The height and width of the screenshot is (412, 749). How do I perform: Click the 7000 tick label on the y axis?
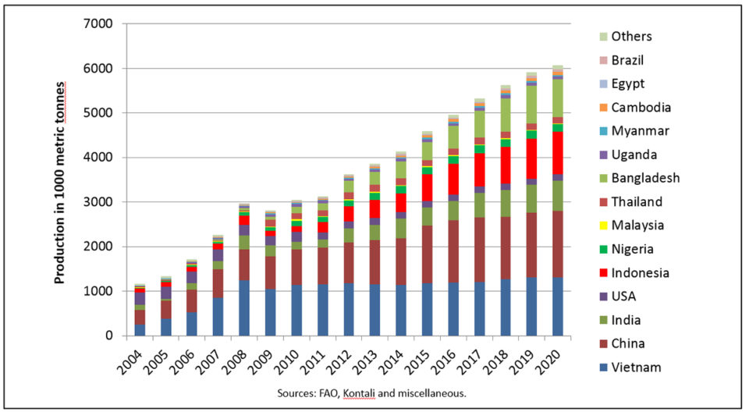pos(98,24)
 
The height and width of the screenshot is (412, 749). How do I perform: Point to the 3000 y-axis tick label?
pos(98,202)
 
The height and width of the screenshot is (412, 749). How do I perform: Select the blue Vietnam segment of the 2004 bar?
pos(140,330)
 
